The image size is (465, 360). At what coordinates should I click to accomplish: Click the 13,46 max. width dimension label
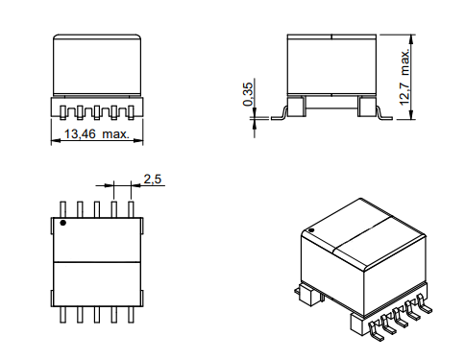tap(97, 133)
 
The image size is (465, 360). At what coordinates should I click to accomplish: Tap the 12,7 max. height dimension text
tap(404, 77)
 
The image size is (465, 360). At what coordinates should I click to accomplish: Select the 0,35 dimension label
tap(248, 94)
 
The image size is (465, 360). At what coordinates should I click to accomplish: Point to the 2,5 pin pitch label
tap(153, 180)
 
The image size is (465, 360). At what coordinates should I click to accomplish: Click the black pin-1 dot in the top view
tap(63, 223)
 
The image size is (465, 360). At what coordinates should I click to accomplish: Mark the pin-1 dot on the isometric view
tap(310, 230)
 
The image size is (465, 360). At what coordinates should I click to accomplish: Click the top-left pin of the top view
tap(63, 209)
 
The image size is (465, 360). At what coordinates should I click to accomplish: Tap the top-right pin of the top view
tap(131, 209)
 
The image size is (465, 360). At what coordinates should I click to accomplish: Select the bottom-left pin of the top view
tap(63, 315)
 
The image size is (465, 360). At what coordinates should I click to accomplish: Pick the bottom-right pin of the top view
tap(131, 315)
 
